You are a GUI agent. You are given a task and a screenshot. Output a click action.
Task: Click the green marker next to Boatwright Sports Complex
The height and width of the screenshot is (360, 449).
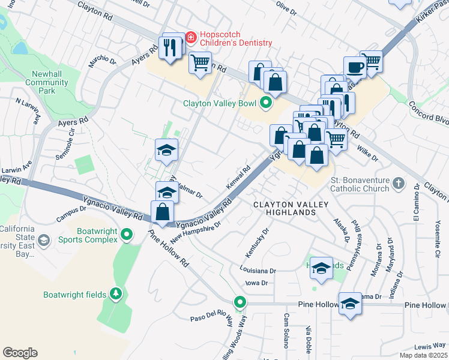(x=126, y=235)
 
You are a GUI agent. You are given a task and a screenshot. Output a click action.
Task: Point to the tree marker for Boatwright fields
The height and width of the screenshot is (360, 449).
(x=115, y=295)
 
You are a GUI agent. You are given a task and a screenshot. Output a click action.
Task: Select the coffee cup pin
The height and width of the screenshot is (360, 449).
(x=355, y=67)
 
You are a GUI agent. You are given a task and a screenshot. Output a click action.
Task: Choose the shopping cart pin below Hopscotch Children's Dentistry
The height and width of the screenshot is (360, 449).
(x=200, y=62)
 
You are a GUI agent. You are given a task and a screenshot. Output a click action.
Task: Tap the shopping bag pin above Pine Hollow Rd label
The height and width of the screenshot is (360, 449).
(x=163, y=212)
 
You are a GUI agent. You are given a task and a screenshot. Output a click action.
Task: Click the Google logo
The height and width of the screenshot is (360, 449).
(x=20, y=353)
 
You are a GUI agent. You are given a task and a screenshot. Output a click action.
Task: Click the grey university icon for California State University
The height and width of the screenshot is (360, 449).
(x=43, y=241)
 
